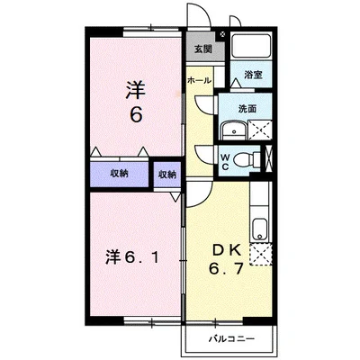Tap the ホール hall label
199,80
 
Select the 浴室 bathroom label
254,77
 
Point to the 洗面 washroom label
247,109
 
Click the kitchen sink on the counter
259,228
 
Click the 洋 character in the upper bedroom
136,89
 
